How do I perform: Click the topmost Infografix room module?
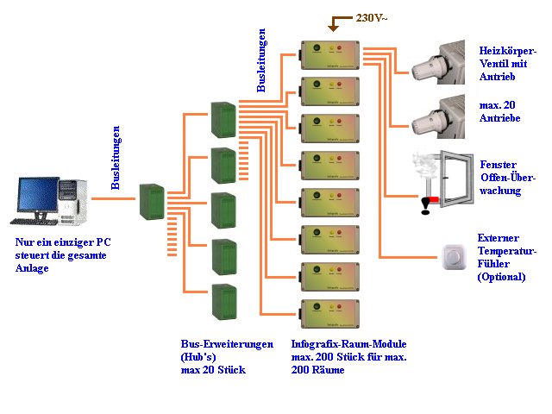[x=330, y=54]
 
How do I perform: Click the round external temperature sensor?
[x=453, y=255]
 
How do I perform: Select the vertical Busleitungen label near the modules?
[x=262, y=60]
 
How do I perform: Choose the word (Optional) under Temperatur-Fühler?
[x=501, y=278]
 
